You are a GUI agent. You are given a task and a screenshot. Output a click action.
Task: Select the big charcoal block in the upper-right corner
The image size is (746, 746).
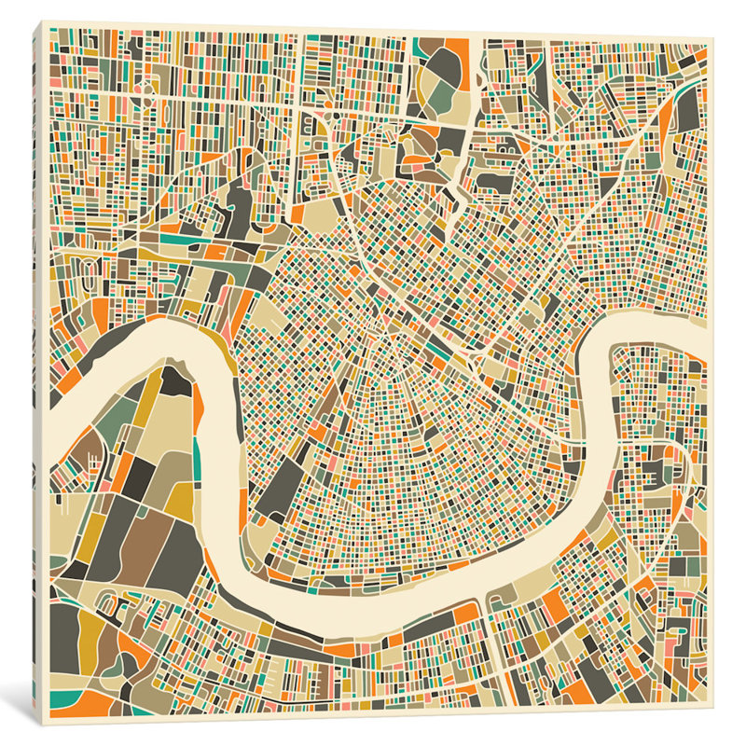[x=687, y=112]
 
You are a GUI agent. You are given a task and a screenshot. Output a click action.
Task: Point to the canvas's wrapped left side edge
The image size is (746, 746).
[x=40, y=373]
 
